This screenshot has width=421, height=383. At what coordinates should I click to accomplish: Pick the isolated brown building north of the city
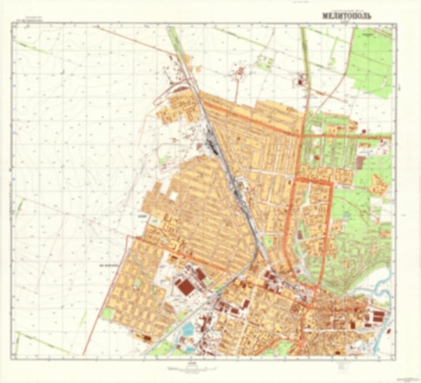click(x=300, y=80)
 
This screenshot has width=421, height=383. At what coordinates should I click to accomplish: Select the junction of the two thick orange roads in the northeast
click(x=305, y=135)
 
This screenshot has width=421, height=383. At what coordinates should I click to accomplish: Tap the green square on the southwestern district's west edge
click(x=107, y=314)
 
